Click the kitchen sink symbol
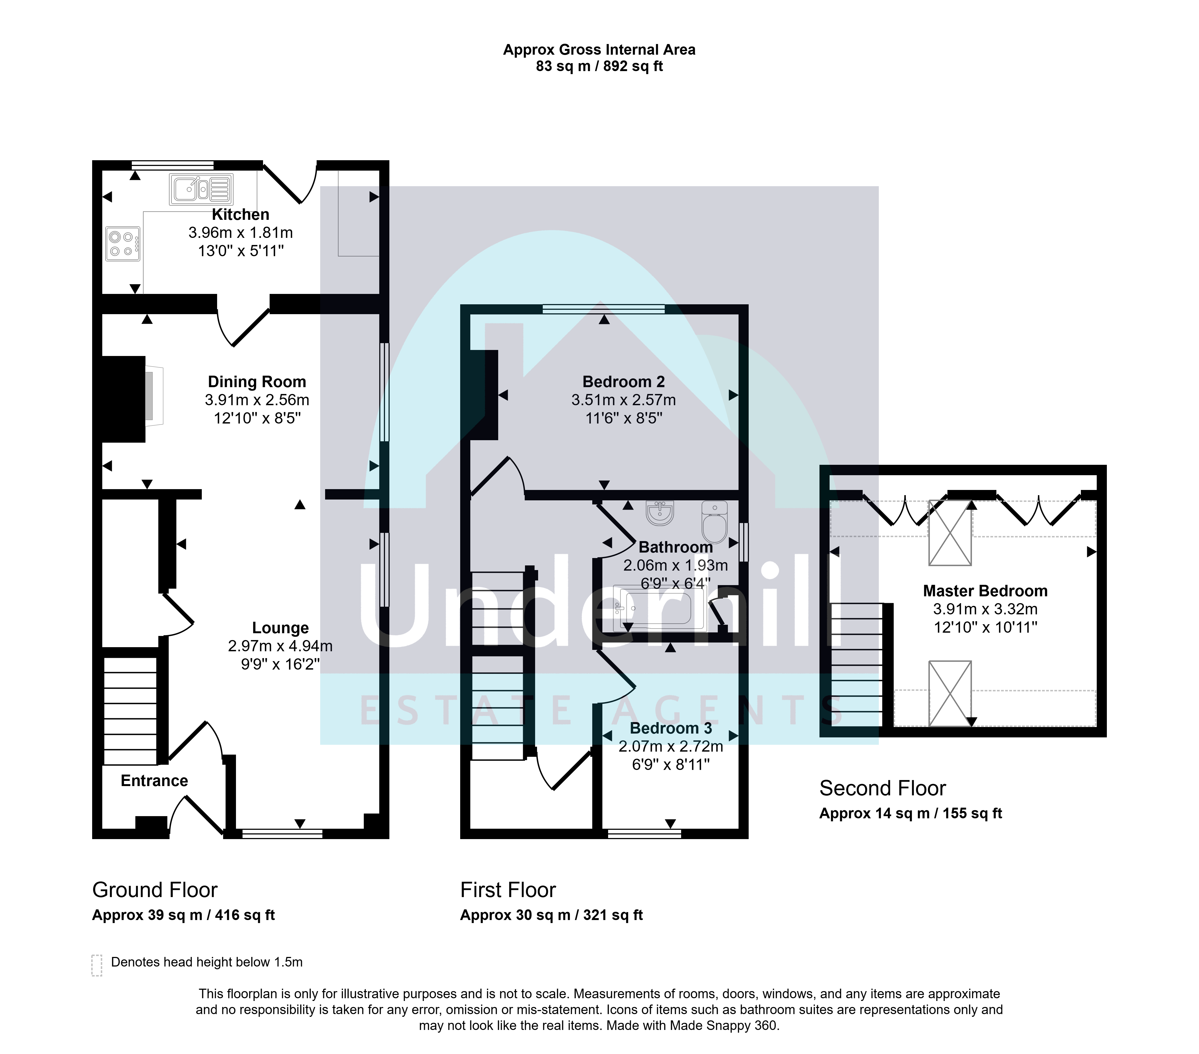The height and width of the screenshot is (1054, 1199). [201, 189]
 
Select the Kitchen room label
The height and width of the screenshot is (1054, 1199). [241, 215]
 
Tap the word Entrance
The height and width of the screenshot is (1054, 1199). [154, 781]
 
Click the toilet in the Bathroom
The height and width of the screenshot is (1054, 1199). [714, 521]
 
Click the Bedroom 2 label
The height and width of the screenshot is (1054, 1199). [623, 382]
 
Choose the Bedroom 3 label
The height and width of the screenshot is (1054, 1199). [671, 728]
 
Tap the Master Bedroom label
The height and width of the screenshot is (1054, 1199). [985, 591]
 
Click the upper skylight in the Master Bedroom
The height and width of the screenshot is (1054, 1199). [950, 533]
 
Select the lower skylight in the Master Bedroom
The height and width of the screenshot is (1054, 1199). [950, 693]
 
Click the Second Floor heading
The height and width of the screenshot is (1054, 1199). [883, 788]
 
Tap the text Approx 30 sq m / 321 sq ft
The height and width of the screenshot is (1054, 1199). [552, 915]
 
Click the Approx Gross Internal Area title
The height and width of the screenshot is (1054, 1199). [599, 50]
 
